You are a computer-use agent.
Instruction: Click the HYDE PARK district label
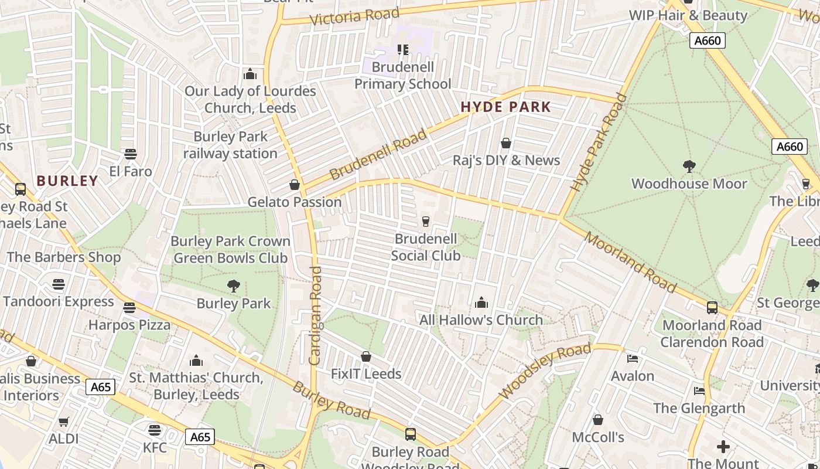[x=506, y=107]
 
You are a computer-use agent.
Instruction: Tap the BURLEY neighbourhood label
[x=67, y=181]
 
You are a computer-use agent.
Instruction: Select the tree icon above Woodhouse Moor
[x=689, y=166]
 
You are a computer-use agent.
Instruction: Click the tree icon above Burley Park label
[x=233, y=286]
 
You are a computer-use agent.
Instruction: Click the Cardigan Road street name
[x=315, y=315]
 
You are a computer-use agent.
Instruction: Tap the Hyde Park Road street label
[x=599, y=143]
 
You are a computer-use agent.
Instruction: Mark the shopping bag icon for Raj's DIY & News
[x=506, y=143]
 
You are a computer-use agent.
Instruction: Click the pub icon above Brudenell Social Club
[x=426, y=221]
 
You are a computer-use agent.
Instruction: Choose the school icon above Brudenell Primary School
[x=403, y=50]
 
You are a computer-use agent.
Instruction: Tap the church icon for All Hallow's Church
[x=481, y=303]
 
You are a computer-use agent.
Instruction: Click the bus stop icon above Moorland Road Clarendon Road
[x=712, y=307]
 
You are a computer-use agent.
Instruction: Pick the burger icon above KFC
[x=155, y=430]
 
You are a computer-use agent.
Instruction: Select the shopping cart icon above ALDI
[x=64, y=422]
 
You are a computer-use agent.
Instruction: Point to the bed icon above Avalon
[x=633, y=358]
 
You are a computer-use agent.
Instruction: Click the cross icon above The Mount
[x=723, y=447]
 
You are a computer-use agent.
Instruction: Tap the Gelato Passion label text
[x=295, y=202]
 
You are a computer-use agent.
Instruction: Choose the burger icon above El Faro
[x=131, y=154]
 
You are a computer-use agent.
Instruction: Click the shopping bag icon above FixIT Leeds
[x=366, y=356]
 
